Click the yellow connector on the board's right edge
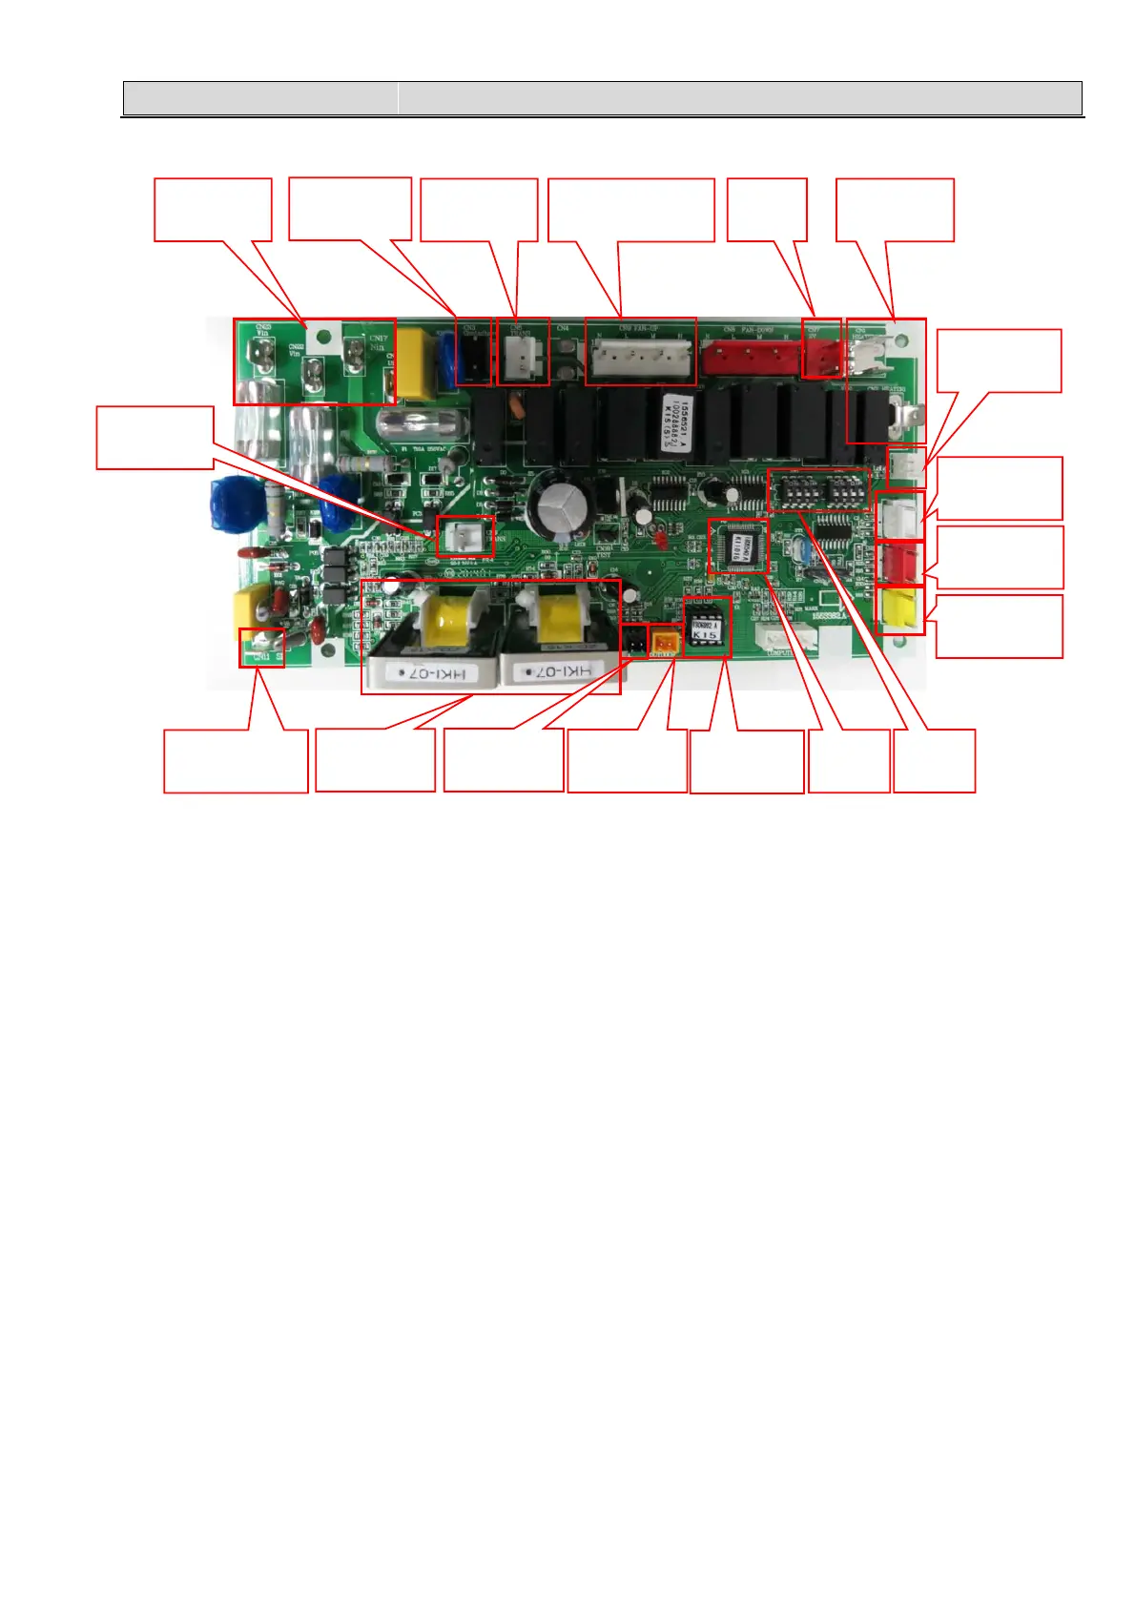(x=899, y=609)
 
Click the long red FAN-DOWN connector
(x=750, y=359)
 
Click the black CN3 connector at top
(x=473, y=358)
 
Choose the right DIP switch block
(x=846, y=491)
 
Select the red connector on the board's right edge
(x=898, y=562)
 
